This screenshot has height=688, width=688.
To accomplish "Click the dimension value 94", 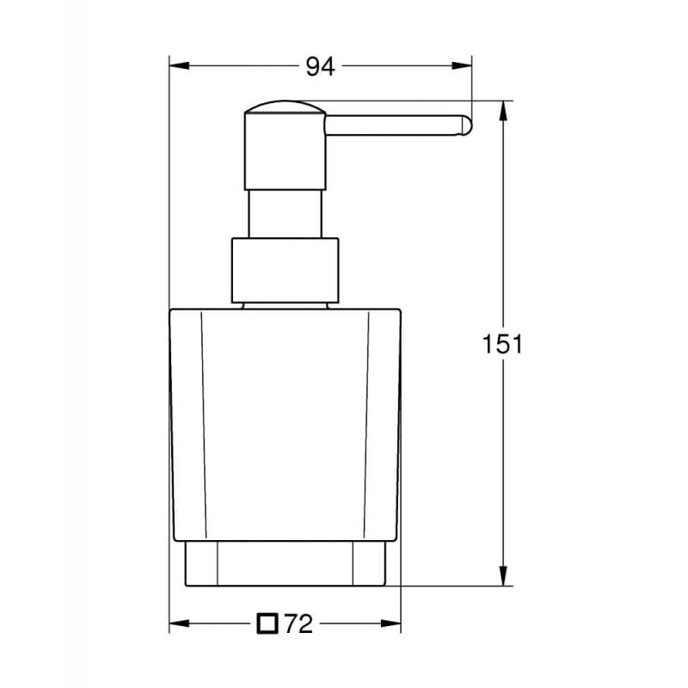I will pos(320,66).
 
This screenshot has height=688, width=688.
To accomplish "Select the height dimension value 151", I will pos(502,344).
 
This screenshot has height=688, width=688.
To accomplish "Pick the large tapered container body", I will pos(285,421).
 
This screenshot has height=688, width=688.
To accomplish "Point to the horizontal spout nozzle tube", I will pos(396,126).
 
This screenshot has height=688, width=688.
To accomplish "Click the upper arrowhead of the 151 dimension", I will pos(503,108).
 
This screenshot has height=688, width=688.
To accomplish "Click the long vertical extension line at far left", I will pos(169,344).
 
